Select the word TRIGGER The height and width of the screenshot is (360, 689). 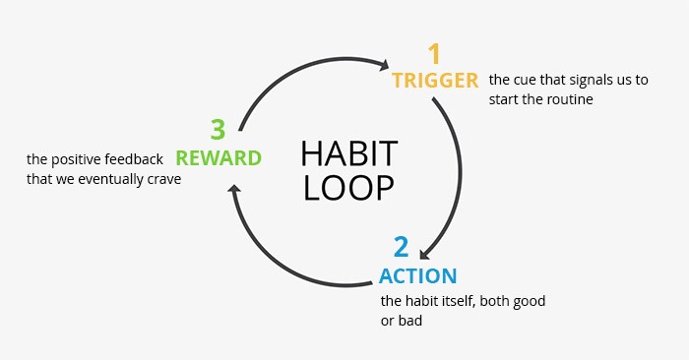435,80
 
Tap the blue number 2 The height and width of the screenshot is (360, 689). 401,247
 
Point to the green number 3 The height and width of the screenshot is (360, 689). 218,129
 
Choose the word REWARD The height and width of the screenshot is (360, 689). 219,157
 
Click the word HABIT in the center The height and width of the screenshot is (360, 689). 348,154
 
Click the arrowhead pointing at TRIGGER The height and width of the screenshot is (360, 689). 383,65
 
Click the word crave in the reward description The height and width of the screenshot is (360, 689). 162,179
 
